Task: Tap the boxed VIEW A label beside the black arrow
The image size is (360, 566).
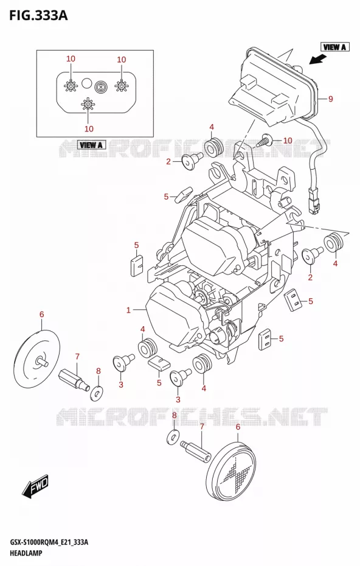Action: [334, 47]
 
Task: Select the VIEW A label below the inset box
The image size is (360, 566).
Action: [91, 145]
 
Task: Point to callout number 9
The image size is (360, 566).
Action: [330, 99]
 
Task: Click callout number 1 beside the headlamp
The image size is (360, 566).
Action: [128, 310]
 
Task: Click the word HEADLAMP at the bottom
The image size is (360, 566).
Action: [26, 553]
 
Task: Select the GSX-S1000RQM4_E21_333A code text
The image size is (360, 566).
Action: [49, 542]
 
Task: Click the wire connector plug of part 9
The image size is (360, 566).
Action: [313, 202]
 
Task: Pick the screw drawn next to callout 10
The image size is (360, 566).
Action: [263, 141]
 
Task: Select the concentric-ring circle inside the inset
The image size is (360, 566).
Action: [100, 86]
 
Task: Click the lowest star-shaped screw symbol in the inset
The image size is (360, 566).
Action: [88, 104]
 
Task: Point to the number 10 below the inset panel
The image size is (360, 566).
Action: [89, 129]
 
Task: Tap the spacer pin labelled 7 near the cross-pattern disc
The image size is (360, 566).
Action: [196, 449]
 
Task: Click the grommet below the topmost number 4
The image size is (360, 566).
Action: [213, 146]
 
